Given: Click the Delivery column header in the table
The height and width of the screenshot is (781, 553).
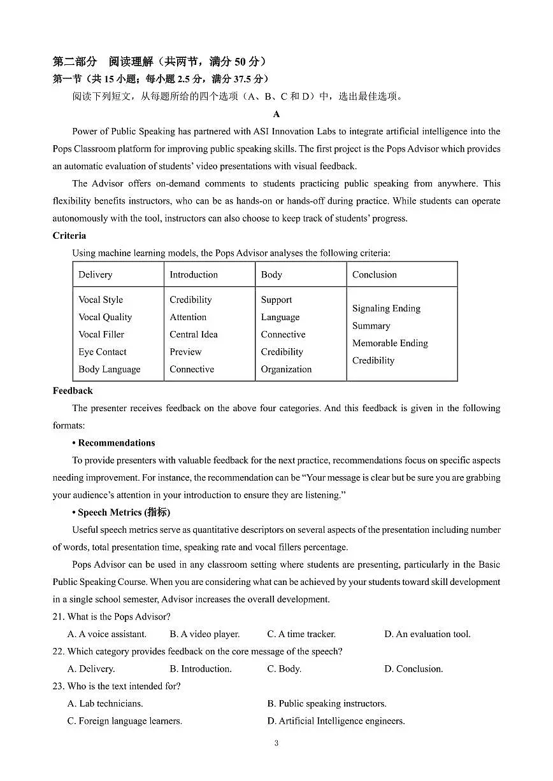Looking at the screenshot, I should [95, 275].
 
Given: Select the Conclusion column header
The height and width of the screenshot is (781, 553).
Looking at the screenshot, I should [374, 275].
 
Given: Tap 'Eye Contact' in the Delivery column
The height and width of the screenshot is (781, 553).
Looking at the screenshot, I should [102, 352].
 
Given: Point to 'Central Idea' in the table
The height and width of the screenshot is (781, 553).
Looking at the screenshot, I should [193, 335].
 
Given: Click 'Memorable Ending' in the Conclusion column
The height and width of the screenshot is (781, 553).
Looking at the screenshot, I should [390, 343].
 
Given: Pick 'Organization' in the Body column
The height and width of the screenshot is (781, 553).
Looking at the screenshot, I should [286, 369].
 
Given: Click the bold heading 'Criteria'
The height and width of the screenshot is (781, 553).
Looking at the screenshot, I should [69, 236].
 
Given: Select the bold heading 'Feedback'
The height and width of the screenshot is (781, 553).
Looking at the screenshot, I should [73, 391].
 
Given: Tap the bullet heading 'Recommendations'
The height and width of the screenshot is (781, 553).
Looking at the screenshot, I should [116, 443].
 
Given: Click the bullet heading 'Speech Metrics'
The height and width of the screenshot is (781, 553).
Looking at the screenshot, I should [123, 512].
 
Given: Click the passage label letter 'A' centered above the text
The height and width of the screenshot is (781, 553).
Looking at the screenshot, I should [276, 115].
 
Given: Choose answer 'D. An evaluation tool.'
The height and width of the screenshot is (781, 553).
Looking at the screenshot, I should [427, 634].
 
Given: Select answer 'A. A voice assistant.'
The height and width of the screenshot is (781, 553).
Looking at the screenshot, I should [107, 634].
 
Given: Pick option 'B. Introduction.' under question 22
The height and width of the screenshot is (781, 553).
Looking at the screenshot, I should [201, 669].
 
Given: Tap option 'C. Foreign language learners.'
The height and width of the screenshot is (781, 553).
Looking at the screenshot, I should [125, 721].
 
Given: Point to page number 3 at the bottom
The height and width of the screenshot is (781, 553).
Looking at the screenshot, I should [276, 743].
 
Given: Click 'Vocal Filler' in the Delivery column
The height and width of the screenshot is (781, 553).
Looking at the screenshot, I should [101, 335].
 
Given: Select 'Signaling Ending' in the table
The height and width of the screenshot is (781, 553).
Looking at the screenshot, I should [386, 309].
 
